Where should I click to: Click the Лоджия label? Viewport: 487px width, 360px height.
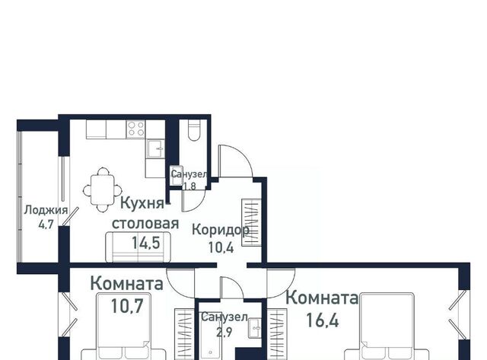[x=46, y=210]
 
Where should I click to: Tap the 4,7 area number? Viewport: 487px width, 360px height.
[x=46, y=224]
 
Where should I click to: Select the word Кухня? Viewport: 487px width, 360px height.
[x=142, y=203]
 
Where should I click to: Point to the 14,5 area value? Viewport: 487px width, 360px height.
[x=145, y=243]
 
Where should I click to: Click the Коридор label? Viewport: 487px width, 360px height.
[x=221, y=230]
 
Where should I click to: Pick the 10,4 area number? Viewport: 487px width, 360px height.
[x=221, y=247]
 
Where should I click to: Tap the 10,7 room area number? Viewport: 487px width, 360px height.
[x=127, y=306]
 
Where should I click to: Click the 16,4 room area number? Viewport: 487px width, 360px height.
[x=323, y=320]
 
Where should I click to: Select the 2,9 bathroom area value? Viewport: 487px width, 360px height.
[x=224, y=332]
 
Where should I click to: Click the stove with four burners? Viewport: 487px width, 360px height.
[x=136, y=129]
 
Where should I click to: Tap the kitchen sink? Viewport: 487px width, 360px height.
[x=155, y=149]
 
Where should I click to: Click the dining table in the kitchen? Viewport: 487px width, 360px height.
[x=103, y=190]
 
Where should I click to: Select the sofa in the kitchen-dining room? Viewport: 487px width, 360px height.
[x=138, y=247]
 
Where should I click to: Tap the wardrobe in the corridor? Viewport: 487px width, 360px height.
[x=251, y=222]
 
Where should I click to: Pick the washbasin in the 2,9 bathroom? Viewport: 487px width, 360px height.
[x=255, y=328]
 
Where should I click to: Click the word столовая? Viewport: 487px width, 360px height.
[x=145, y=224]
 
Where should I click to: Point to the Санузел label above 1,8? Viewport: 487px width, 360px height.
[x=189, y=174]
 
